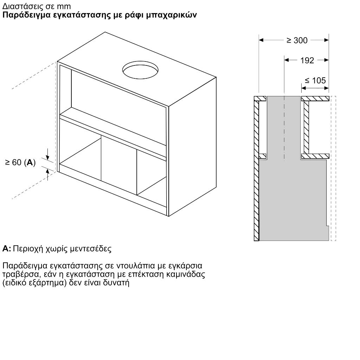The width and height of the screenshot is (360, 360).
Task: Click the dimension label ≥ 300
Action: coord(297,40)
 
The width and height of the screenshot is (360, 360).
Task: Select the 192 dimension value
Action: coord(307,60)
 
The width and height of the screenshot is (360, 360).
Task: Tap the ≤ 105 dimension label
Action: coord(315,81)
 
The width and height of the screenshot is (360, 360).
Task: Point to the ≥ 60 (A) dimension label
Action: coord(20,162)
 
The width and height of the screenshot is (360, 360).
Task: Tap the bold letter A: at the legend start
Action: coord(6,249)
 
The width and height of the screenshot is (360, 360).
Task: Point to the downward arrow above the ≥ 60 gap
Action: coord(47,154)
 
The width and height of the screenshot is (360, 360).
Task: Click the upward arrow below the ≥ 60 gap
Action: coord(47,174)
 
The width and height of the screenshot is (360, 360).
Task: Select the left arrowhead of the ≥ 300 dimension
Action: coord(261,40)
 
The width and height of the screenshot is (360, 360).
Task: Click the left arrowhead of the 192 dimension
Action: coord(287,60)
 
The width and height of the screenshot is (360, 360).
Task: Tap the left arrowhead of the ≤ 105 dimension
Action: coord(304,88)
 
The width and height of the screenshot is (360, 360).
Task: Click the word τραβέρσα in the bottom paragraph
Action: coord(20,274)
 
